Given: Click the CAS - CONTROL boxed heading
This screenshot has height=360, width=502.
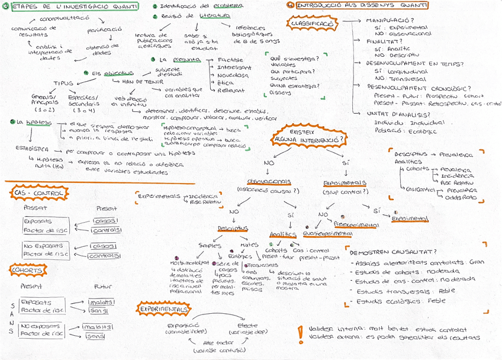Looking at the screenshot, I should tap(33, 192).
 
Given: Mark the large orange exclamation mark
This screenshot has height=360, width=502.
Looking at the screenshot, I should tap(303, 333).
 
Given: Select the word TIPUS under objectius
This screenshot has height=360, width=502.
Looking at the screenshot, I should tap(64, 83).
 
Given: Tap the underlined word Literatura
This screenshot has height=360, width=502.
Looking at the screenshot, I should tap(214, 17).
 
